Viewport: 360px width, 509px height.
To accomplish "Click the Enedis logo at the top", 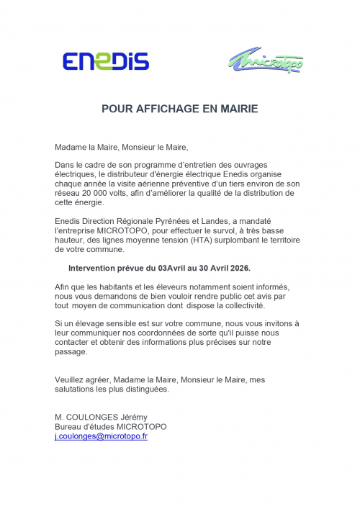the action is pyautogui.click(x=105, y=60).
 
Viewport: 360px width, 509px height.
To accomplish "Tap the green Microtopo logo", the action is pyautogui.click(x=266, y=61).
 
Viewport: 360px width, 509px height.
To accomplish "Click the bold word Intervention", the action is pyautogui.click(x=102, y=268).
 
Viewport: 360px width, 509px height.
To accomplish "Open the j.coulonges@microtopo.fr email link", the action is pyautogui.click(x=101, y=436).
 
